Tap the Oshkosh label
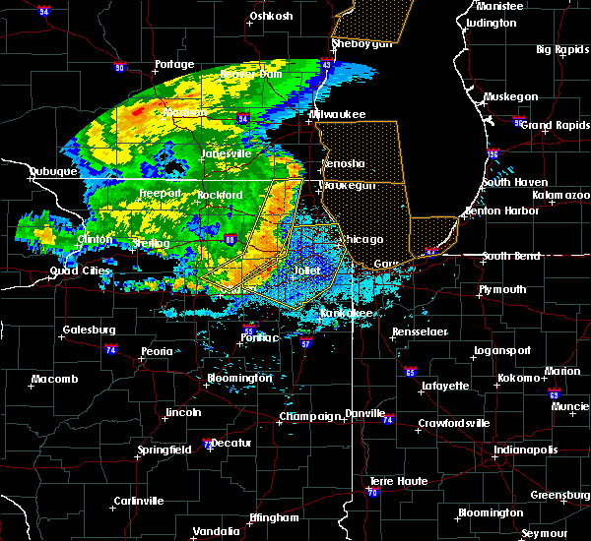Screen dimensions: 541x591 coord(271,16)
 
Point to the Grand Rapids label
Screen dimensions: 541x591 coord(548,125)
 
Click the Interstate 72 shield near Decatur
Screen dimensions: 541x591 coord(206,445)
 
